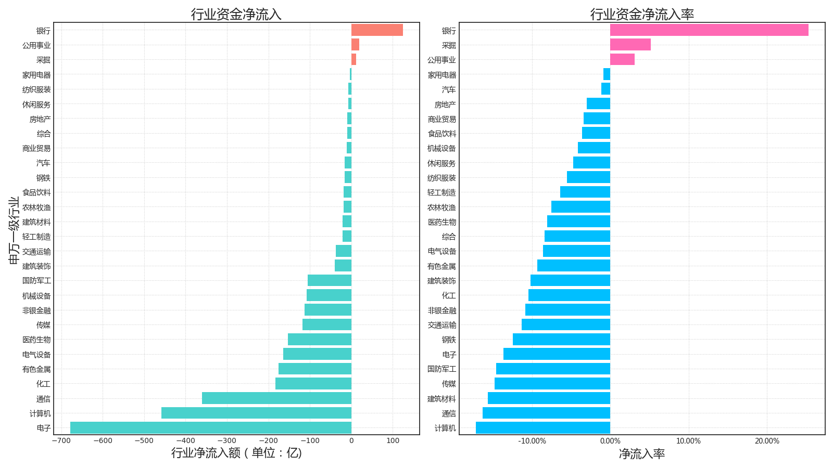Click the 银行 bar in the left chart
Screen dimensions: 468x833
click(x=377, y=30)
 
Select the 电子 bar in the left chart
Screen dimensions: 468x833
click(x=211, y=428)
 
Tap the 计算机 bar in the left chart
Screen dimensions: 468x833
click(x=256, y=413)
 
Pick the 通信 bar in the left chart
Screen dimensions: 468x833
click(x=276, y=398)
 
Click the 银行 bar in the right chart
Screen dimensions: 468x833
click(x=709, y=30)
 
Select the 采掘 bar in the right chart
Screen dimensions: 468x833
click(x=630, y=45)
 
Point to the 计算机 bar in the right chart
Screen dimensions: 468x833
click(x=543, y=428)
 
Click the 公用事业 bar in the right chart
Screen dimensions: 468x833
click(x=622, y=59)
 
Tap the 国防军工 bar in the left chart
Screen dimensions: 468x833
click(x=330, y=281)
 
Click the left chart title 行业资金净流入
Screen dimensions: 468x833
click(x=236, y=14)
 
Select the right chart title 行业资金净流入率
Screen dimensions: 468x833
click(x=642, y=14)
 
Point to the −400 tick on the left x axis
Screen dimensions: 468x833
click(x=186, y=441)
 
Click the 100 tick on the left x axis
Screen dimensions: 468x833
click(x=393, y=441)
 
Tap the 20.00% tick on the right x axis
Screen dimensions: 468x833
click(x=767, y=441)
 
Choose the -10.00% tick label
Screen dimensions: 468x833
click(x=532, y=441)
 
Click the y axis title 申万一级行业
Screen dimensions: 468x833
click(x=14, y=230)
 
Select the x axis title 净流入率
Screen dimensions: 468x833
click(x=642, y=454)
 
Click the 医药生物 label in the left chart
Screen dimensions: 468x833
click(x=36, y=340)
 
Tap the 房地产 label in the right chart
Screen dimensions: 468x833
click(x=445, y=105)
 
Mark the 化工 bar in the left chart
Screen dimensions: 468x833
click(x=313, y=384)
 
